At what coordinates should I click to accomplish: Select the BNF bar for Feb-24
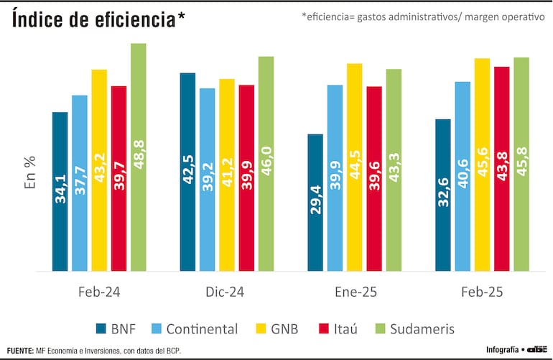click(60, 191)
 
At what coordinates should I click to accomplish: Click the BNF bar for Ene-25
click(315, 202)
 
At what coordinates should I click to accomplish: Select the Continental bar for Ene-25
click(335, 177)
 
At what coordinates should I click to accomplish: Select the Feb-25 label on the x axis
click(482, 292)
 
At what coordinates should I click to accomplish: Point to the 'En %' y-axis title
click(31, 172)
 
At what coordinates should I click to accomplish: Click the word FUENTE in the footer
click(19, 350)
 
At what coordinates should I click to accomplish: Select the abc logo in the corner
click(536, 350)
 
